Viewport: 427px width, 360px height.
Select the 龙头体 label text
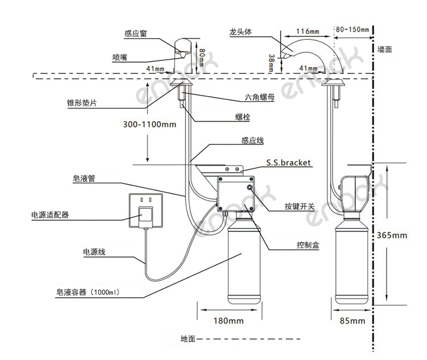(240, 33)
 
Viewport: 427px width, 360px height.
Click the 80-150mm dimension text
(351, 29)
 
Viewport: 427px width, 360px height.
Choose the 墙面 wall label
(385, 49)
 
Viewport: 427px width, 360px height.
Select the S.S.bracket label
(289, 163)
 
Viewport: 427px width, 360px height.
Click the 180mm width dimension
(228, 321)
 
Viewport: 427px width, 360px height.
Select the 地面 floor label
(188, 339)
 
